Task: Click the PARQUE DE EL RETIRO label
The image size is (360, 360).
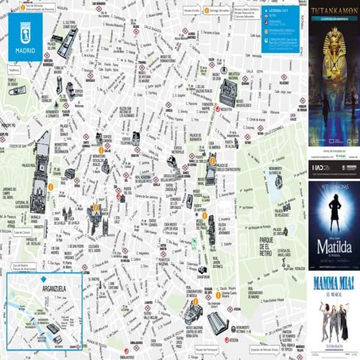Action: [259, 246]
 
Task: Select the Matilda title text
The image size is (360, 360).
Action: [334, 247]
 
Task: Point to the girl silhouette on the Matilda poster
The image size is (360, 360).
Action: [334, 219]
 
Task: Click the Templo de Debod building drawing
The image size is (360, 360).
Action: [17, 91]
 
